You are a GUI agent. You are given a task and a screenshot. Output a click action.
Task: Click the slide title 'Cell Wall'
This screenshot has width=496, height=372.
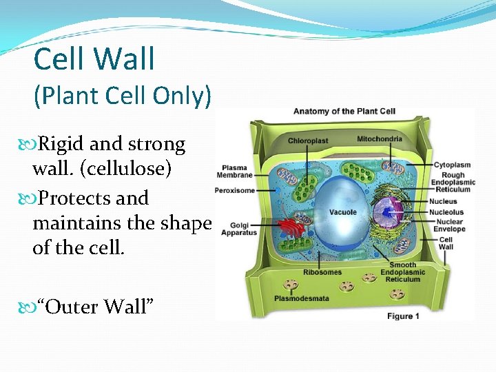[94, 59]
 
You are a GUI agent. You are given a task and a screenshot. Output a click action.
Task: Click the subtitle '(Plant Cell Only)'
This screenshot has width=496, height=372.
[123, 96]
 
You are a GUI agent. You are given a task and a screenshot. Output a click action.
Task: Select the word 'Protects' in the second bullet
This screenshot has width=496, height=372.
[74, 198]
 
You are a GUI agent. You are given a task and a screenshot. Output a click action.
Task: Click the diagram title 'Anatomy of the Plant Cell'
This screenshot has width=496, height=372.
[344, 112]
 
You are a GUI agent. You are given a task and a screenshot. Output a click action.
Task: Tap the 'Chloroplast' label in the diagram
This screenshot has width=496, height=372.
[308, 141]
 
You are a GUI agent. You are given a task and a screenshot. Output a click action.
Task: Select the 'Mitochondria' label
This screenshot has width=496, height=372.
[379, 139]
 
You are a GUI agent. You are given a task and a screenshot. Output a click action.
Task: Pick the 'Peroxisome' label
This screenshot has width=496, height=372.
[235, 190]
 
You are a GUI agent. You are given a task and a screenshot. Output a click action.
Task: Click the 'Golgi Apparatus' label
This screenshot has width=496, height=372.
[238, 229]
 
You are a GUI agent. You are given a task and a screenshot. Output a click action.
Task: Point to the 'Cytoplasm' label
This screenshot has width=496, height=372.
[452, 165]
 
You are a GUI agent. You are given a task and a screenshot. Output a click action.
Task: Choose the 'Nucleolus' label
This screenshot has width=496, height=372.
[446, 212]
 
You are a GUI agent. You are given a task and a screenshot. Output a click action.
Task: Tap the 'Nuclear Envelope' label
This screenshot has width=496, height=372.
[448, 225]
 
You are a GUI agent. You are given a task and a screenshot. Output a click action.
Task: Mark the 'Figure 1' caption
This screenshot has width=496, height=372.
[403, 316]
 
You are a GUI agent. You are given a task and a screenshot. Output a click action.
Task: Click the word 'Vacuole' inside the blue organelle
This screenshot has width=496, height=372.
[342, 212]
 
